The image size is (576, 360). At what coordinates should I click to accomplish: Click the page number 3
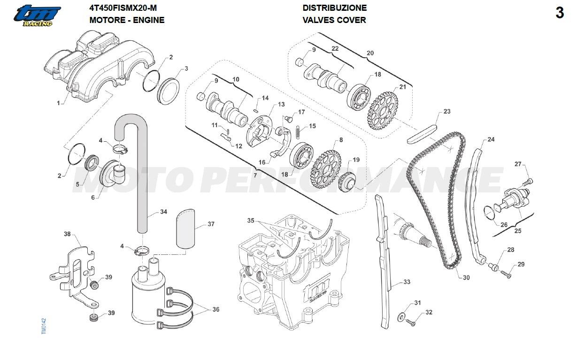click(559, 13)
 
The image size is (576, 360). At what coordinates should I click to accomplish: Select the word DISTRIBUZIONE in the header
click(334, 8)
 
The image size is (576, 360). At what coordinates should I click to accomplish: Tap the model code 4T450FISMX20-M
click(123, 8)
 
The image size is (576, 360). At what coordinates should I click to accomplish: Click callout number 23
click(446, 112)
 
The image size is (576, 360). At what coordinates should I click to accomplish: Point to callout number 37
click(211, 224)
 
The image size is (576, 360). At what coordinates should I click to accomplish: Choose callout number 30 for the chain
click(466, 278)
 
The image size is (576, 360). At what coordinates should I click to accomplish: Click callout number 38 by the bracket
click(68, 234)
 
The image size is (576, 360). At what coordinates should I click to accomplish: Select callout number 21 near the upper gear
click(402, 87)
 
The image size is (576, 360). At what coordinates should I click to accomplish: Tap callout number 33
click(407, 282)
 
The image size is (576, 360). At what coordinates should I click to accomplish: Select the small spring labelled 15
click(297, 133)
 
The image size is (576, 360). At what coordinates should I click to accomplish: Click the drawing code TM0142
click(44, 326)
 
